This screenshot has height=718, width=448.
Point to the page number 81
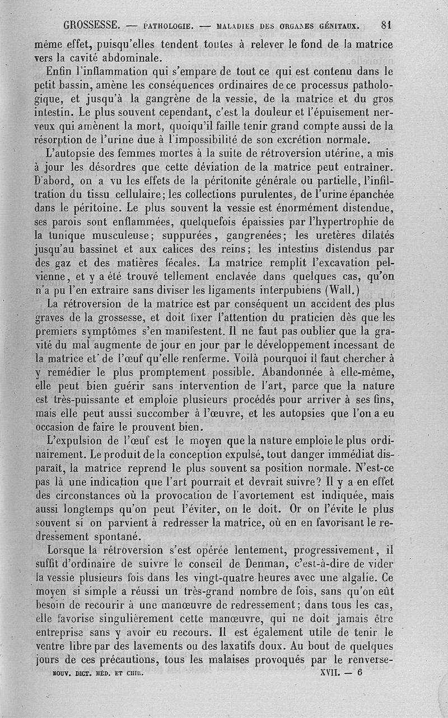point(386,25)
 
